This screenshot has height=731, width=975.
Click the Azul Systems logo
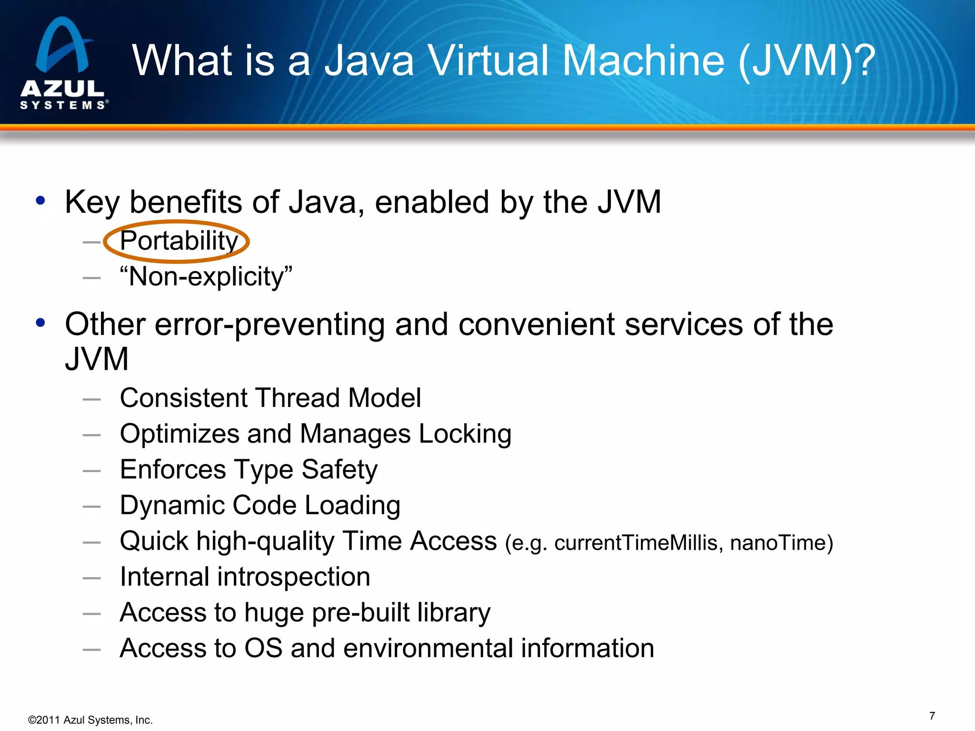coord(63,63)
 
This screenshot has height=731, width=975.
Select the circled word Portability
coord(179,241)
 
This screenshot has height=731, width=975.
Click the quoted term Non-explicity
coord(206,277)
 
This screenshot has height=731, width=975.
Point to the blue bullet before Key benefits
coord(40,201)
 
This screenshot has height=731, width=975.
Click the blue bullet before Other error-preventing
coord(40,323)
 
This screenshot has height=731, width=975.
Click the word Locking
coord(465,434)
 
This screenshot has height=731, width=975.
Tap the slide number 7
coord(932,716)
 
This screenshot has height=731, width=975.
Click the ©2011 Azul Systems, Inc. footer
coord(90,720)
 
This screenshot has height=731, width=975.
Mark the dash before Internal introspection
coord(91,579)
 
